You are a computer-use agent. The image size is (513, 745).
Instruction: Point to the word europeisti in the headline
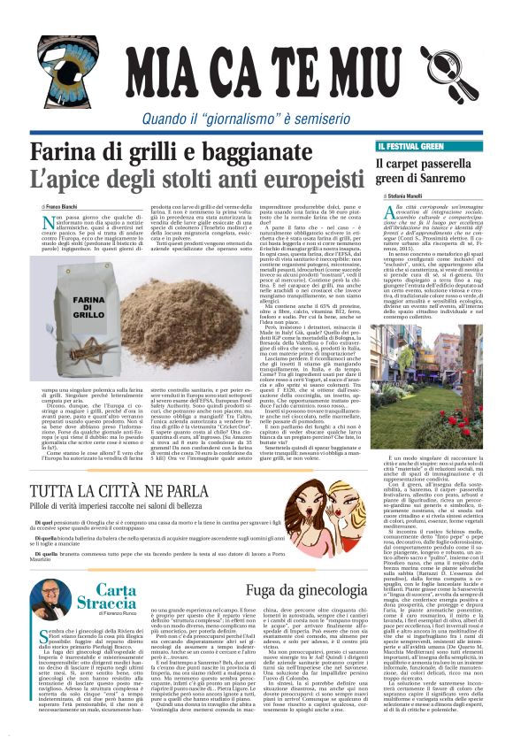point(294,180)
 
